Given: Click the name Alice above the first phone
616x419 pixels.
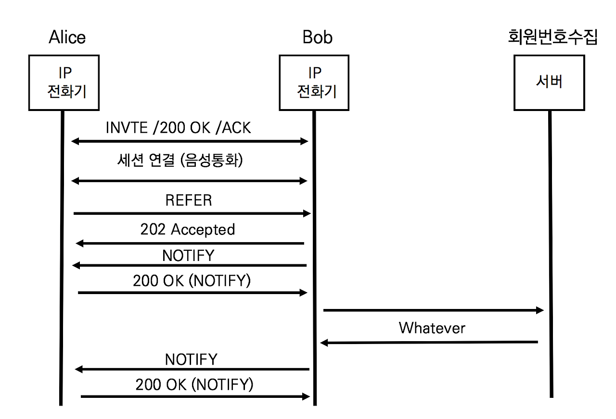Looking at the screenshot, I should click(x=67, y=37).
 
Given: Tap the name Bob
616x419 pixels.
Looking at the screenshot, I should click(x=317, y=37).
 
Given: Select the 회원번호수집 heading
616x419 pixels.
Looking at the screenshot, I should click(x=552, y=37).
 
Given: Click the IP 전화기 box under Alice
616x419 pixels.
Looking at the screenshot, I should click(x=64, y=83).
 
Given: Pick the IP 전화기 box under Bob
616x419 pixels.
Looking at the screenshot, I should click(x=314, y=83).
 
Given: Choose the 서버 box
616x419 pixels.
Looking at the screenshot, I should click(x=549, y=83).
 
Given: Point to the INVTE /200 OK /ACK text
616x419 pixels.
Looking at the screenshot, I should click(x=178, y=128).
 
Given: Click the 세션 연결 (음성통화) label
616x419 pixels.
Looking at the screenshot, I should click(x=180, y=160).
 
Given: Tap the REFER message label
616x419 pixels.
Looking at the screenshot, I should click(x=188, y=200).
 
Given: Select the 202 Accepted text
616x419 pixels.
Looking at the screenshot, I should click(x=188, y=230).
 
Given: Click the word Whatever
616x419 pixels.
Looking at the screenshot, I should click(x=432, y=328).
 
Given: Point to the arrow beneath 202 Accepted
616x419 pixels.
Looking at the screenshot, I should click(x=190, y=244).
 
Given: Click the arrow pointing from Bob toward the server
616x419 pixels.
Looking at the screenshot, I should click(x=433, y=310).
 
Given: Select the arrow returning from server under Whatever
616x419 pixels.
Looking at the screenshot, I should click(x=429, y=342).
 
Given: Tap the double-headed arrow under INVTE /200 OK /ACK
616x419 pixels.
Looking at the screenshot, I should click(x=189, y=141).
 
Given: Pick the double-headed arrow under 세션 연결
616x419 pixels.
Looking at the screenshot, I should click(x=189, y=181).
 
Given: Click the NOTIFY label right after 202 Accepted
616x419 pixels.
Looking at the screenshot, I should click(x=188, y=256).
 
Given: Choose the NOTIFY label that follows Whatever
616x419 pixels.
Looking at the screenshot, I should click(x=191, y=359).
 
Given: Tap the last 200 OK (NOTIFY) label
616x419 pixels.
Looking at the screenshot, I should click(x=194, y=384).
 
